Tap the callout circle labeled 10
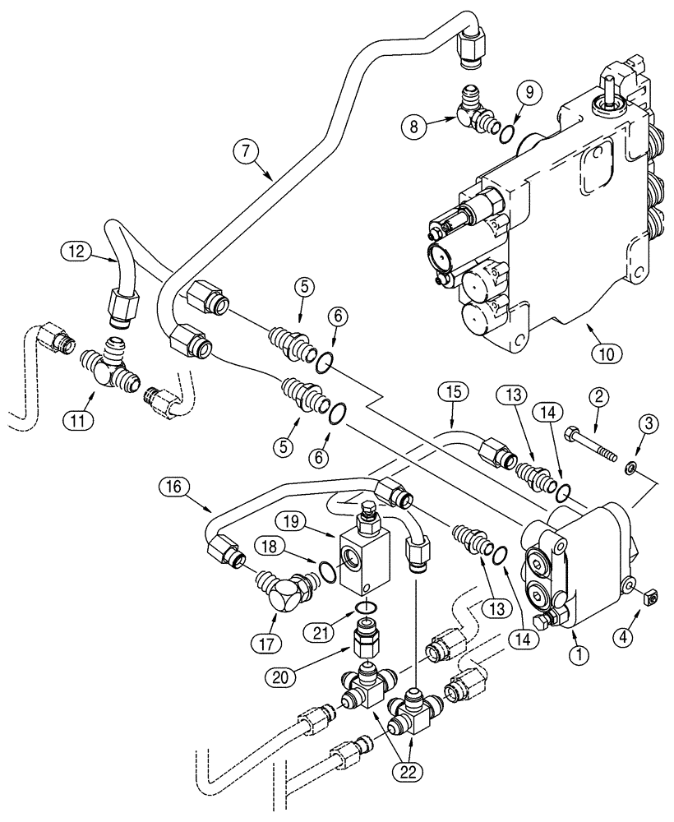605,354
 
